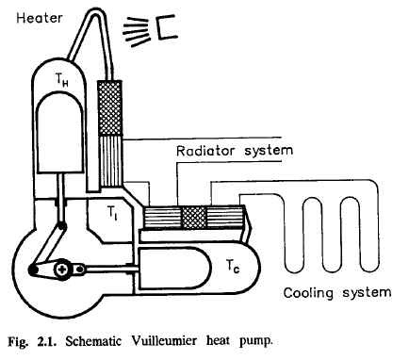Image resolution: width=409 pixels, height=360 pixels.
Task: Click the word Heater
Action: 40,18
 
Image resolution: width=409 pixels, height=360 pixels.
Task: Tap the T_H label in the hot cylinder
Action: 62,80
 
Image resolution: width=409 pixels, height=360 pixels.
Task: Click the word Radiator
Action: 205,151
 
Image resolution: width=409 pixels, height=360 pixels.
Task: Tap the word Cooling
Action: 308,293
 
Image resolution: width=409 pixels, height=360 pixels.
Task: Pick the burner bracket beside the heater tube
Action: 168,28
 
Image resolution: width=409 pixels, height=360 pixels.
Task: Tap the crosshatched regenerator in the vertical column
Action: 109,107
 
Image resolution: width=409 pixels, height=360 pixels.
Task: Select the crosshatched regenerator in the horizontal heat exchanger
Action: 194,218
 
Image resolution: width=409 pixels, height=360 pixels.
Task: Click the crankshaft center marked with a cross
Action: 63,270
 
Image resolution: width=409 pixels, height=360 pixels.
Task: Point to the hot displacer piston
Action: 59,133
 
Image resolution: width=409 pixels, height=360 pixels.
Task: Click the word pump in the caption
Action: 255,342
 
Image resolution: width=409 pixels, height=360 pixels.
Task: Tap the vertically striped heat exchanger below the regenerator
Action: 110,161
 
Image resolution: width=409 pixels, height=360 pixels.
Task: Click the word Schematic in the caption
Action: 93,341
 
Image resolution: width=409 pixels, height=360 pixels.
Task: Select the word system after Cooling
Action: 367,293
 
